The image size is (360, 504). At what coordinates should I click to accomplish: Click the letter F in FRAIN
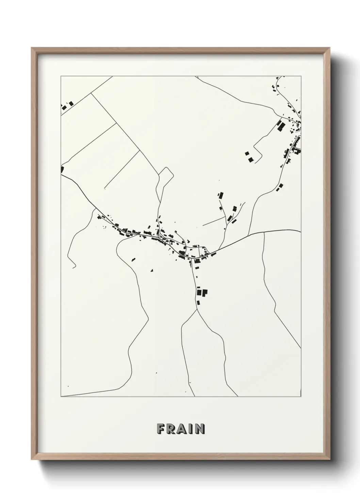pos(160,429)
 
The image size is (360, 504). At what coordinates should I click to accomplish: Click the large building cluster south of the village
pos(202,292)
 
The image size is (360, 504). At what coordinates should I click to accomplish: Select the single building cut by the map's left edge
pos(62,169)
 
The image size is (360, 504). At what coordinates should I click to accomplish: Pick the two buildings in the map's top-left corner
pos(67,105)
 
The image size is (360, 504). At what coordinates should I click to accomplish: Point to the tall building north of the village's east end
pos(221,195)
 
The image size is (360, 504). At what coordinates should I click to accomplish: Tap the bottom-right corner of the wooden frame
pos(330,459)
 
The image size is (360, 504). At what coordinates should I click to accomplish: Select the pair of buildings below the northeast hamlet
pos(280,187)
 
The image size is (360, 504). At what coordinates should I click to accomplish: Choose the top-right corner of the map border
pos(301,76)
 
